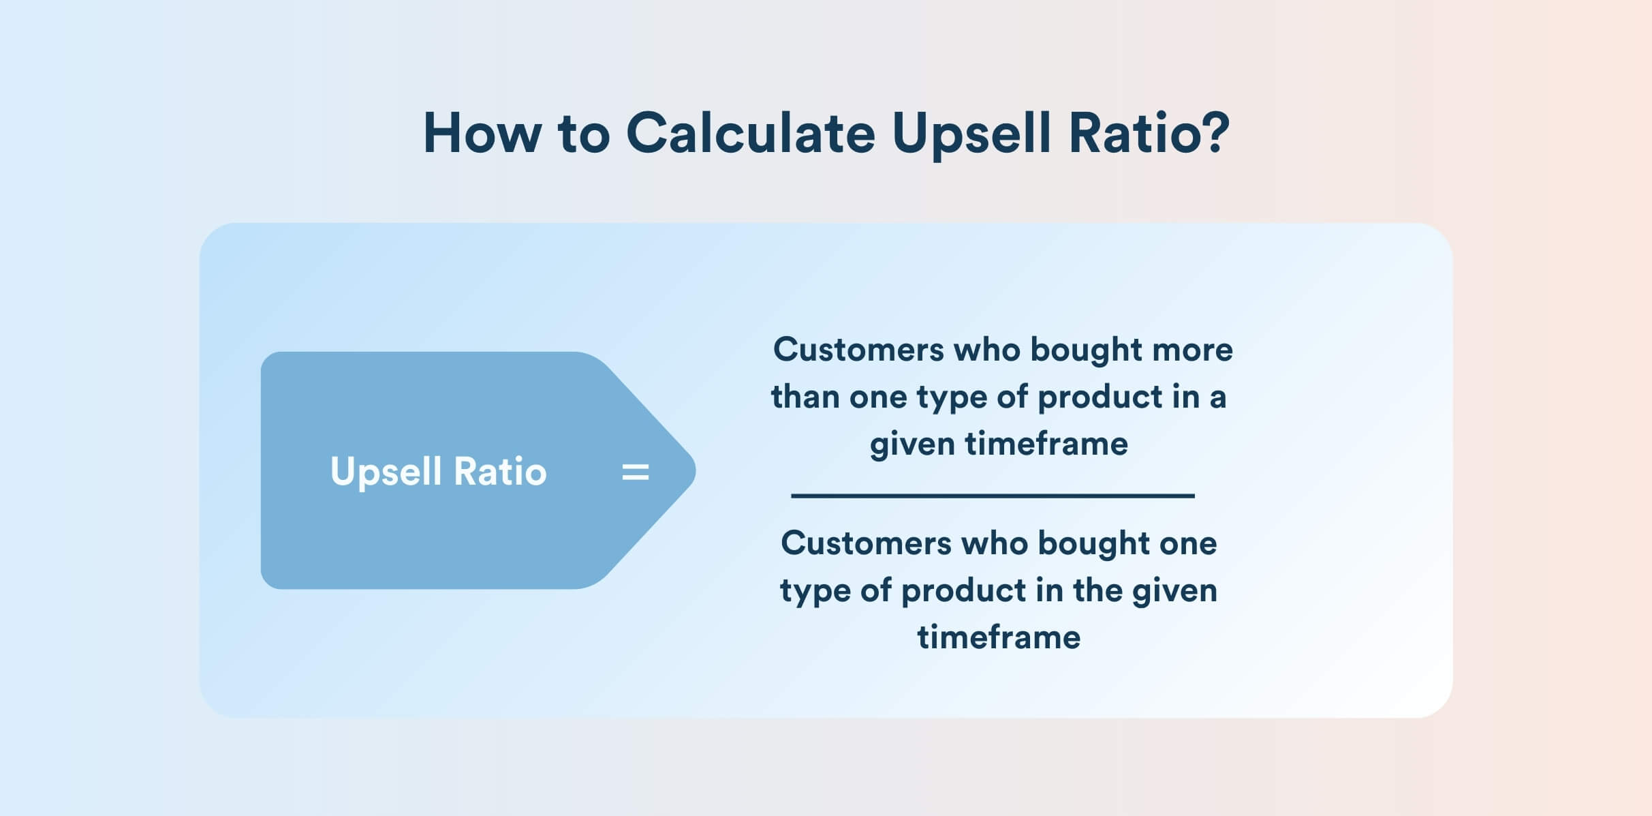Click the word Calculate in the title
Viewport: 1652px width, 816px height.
click(x=750, y=132)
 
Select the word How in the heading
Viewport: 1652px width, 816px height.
click(x=482, y=132)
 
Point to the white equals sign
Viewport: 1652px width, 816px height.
click(x=636, y=472)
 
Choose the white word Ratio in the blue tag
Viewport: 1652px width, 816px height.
click(x=500, y=471)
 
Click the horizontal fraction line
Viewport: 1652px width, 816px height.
click(x=993, y=496)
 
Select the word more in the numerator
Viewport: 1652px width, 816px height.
click(x=1192, y=350)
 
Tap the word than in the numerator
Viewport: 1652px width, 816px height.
click(x=805, y=396)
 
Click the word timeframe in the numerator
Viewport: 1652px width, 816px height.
click(x=1046, y=444)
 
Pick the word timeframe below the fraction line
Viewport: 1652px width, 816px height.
click(x=999, y=637)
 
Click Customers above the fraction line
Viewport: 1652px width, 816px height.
click(x=858, y=350)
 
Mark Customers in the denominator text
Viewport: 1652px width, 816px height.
click(x=865, y=543)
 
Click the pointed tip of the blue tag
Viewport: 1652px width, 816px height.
click(x=695, y=470)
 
